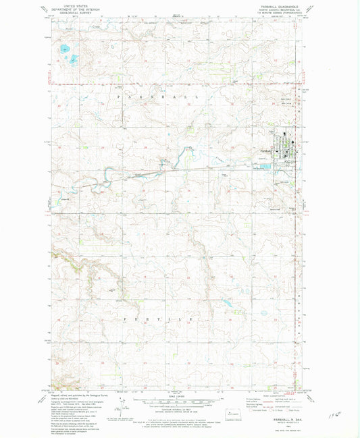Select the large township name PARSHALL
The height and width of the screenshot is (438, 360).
tap(159, 97)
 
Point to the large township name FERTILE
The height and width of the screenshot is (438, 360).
tap(159, 318)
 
